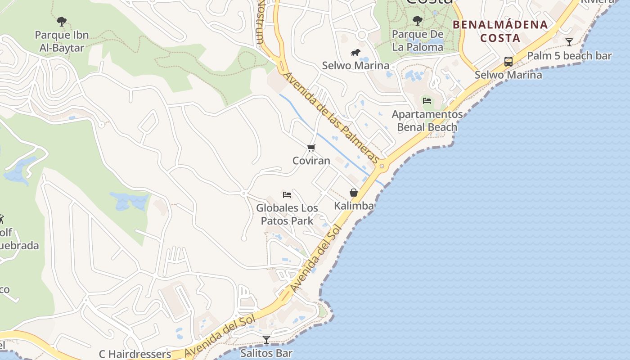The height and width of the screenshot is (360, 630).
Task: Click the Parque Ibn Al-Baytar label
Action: pyautogui.click(x=62, y=41)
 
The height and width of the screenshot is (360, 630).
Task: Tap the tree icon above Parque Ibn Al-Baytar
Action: pyautogui.click(x=62, y=21)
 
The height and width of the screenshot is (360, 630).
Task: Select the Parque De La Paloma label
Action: pyautogui.click(x=418, y=40)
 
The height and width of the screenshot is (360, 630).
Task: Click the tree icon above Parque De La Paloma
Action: pyautogui.click(x=418, y=20)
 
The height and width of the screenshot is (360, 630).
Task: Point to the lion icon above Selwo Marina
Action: pyautogui.click(x=355, y=53)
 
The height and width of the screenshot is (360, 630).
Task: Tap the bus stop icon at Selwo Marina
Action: pyautogui.click(x=508, y=62)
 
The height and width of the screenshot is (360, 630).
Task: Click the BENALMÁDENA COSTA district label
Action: pyautogui.click(x=500, y=31)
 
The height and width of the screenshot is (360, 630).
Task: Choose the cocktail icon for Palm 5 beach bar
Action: pyautogui.click(x=569, y=42)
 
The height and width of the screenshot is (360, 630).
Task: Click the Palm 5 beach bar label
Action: pyautogui.click(x=569, y=56)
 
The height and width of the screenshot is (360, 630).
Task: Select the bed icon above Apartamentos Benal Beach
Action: pyautogui.click(x=427, y=100)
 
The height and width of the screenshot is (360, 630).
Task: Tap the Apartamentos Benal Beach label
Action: pyautogui.click(x=427, y=121)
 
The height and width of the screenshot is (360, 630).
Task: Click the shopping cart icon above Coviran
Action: pyautogui.click(x=311, y=148)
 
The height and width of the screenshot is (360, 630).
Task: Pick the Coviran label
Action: pyautogui.click(x=311, y=161)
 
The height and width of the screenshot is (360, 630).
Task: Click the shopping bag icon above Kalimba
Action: pyautogui.click(x=354, y=193)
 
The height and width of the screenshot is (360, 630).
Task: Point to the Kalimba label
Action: pyautogui.click(x=354, y=206)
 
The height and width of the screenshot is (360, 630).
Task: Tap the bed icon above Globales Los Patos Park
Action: pyautogui.click(x=287, y=195)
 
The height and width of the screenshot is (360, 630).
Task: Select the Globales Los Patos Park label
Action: pyautogui.click(x=287, y=214)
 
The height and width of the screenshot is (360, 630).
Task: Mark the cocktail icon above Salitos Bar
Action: pyautogui.click(x=266, y=340)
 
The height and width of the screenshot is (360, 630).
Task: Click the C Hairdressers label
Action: pyautogui.click(x=135, y=354)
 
